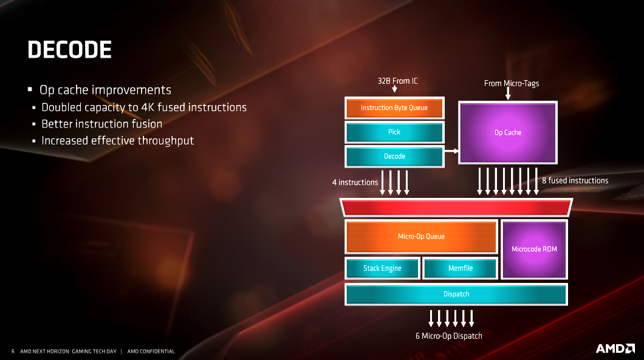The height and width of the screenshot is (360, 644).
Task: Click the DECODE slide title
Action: [69, 50]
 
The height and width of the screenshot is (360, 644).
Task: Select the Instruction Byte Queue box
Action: [394, 107]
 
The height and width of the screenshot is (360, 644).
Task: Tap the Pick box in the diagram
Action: [394, 132]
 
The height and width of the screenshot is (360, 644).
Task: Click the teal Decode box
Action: [394, 156]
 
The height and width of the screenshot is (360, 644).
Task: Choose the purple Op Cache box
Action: [508, 132]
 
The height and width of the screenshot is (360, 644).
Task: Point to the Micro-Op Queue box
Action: [421, 236]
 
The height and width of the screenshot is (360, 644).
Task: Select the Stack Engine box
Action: [382, 268]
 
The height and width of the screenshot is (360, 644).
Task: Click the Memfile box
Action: [461, 268]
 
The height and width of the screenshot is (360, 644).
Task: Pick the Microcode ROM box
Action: [535, 249]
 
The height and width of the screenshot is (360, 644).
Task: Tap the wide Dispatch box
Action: [456, 294]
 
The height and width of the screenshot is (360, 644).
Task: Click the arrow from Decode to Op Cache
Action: [451, 151]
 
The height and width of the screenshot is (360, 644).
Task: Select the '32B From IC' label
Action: [397, 81]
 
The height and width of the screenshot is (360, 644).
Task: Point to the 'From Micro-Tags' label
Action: [512, 83]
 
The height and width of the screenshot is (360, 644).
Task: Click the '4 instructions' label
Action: [355, 182]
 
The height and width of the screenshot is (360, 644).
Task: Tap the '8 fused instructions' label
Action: [575, 181]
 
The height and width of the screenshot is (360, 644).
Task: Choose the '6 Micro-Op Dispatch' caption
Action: [448, 336]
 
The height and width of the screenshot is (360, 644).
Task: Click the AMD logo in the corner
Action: [615, 348]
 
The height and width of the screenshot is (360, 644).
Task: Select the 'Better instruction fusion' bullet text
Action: [102, 124]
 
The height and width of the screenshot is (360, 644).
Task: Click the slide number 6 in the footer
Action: [13, 351]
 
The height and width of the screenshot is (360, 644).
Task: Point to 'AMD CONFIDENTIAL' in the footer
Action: [151, 352]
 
